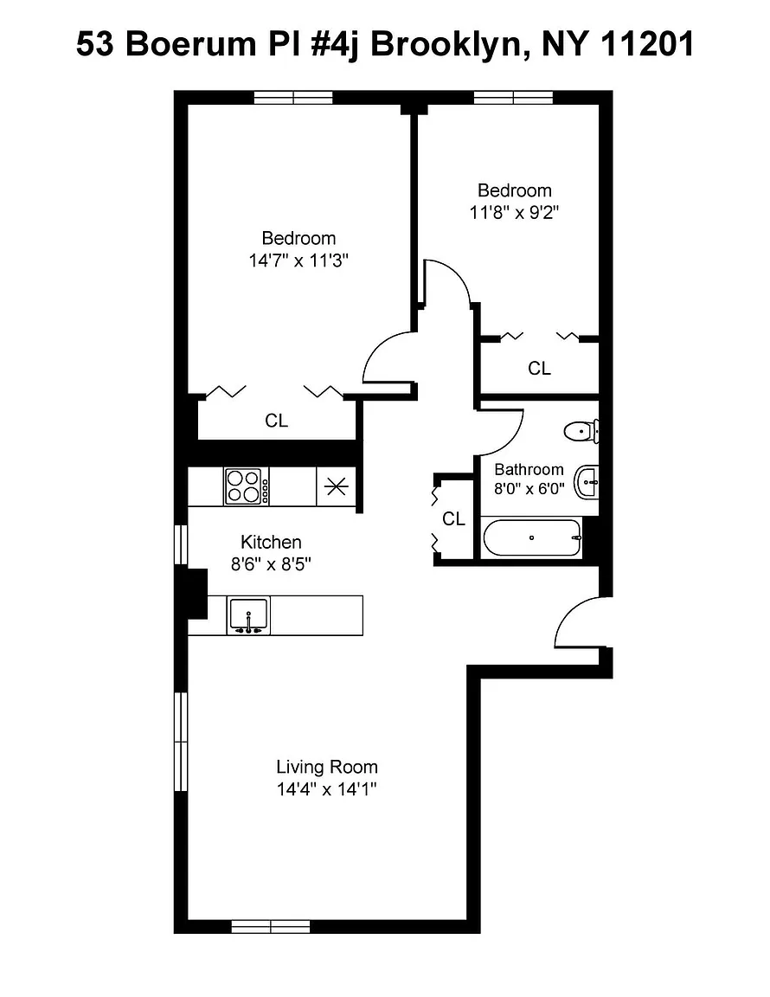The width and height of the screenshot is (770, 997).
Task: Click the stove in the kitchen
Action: (x=246, y=486)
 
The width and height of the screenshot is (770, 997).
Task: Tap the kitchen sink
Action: (x=248, y=615)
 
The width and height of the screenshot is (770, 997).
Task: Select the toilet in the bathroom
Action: (x=581, y=432)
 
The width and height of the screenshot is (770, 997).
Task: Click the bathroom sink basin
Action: (x=587, y=483)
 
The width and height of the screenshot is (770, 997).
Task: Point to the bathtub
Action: (x=532, y=538)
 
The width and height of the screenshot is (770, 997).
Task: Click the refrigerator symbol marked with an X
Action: (x=336, y=487)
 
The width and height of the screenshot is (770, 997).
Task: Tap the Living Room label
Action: (x=327, y=767)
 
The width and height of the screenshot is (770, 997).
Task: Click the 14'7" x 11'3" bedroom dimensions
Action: (x=298, y=260)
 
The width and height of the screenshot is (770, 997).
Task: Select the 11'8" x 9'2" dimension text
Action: (x=514, y=212)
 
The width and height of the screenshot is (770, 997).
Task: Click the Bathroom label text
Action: (x=529, y=469)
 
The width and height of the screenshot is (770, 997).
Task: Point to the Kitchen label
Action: (x=271, y=542)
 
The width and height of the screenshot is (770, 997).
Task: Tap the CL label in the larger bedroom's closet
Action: (x=277, y=421)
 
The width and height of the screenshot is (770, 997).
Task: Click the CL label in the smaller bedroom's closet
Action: (x=539, y=368)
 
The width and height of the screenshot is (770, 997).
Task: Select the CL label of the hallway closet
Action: (x=453, y=519)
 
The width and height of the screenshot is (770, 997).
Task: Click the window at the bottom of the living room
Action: (x=270, y=926)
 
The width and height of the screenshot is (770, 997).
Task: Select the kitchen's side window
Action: (x=181, y=544)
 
